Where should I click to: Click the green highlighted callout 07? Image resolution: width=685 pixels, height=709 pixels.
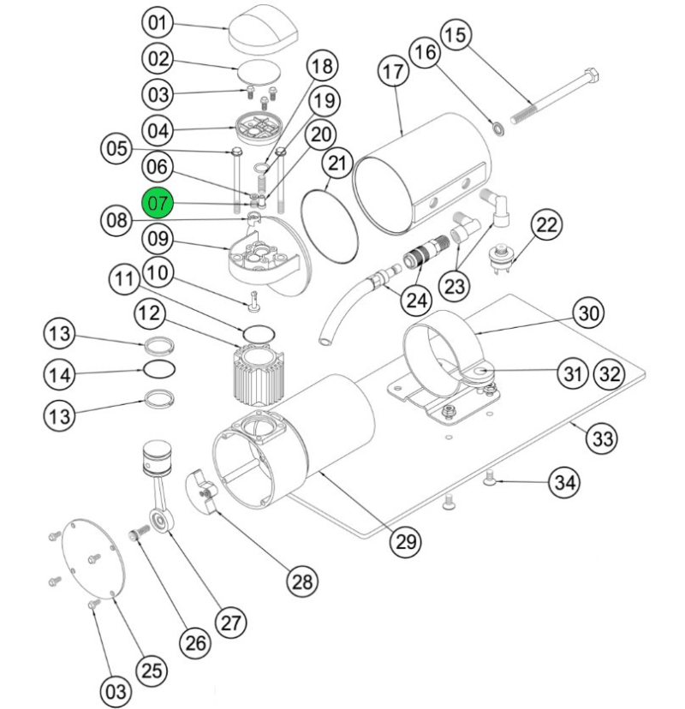(x=159, y=203)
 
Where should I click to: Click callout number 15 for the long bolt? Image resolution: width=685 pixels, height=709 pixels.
(x=456, y=36)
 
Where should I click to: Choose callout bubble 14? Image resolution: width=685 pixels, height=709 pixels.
(x=60, y=373)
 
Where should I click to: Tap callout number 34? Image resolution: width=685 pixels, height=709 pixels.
(x=562, y=481)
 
